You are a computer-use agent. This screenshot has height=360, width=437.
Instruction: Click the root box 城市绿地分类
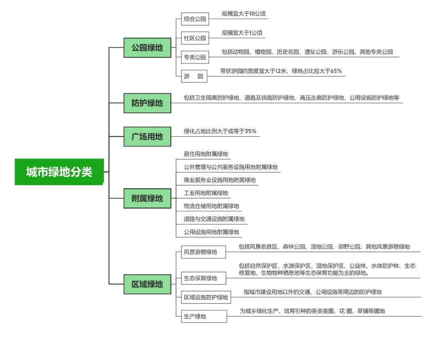(59, 172)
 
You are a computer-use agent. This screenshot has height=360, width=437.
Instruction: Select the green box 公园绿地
(147, 48)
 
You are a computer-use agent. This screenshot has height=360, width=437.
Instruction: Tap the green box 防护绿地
(147, 103)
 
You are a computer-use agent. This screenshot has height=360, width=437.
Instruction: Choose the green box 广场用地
(147, 137)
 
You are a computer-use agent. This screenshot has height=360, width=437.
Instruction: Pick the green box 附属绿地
(147, 198)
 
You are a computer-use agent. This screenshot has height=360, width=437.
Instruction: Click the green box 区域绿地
(147, 284)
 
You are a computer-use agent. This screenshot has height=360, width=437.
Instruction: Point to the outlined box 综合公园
(195, 19)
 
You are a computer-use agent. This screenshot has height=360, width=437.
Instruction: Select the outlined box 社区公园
(195, 38)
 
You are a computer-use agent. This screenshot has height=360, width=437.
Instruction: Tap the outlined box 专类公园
(195, 57)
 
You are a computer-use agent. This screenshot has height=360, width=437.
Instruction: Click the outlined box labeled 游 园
(194, 76)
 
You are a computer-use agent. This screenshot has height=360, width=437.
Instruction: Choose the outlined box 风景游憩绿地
(203, 252)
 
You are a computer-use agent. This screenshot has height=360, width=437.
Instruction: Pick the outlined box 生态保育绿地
(204, 278)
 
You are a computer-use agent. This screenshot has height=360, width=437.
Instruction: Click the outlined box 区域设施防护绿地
(206, 297)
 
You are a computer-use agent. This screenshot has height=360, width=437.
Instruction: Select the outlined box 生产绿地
(204, 316)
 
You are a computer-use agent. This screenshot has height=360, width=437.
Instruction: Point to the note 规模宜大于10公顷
(244, 14)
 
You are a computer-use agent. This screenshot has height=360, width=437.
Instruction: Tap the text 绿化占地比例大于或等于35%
(220, 131)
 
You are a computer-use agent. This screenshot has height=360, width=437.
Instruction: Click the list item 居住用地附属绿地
(206, 154)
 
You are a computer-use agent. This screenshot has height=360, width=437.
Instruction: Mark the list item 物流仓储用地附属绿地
(211, 206)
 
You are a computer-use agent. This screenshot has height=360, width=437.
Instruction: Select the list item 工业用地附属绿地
(206, 193)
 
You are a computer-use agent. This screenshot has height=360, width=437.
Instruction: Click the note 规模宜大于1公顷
(242, 33)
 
